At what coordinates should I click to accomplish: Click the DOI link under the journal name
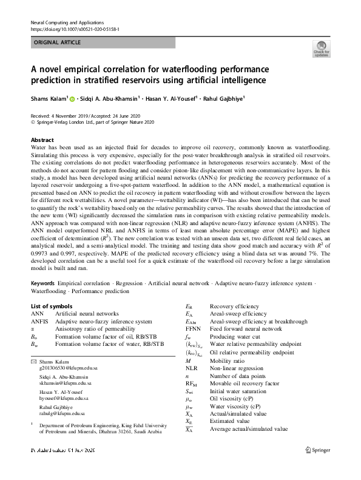click(75, 29)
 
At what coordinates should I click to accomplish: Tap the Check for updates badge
click(321, 49)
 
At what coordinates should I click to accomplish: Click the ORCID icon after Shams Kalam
click(72, 98)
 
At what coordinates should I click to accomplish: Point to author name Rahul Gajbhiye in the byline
click(223, 98)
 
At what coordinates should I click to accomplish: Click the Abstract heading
click(42, 140)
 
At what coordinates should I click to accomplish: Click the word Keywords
click(43, 283)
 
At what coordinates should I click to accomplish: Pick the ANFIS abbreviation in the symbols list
click(40, 322)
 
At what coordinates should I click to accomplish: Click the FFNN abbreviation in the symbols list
click(194, 329)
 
